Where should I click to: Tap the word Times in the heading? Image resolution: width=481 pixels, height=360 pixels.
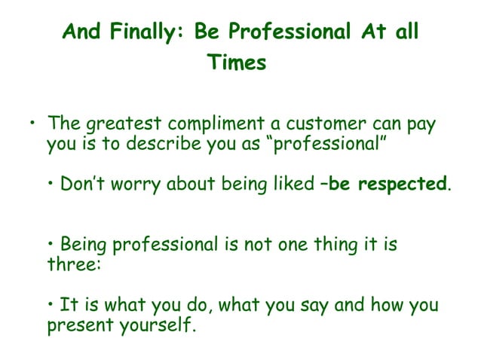(x=238, y=63)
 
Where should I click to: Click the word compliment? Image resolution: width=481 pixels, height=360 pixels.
(x=208, y=124)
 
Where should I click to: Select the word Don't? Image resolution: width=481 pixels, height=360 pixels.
(x=81, y=184)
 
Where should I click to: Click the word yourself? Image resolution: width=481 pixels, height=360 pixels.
(x=152, y=326)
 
